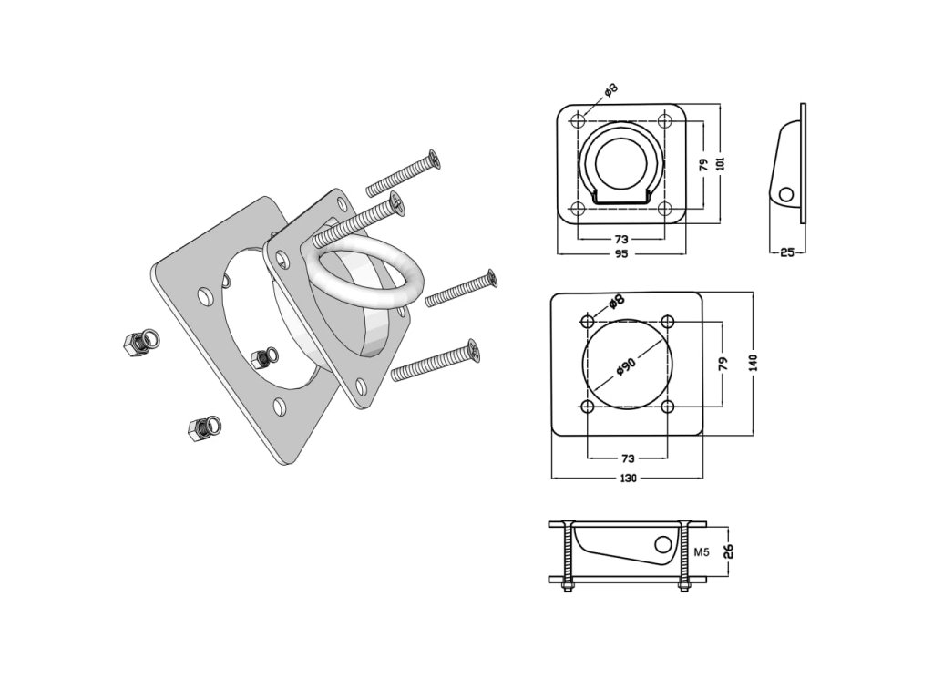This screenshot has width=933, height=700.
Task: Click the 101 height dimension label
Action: coord(722,163)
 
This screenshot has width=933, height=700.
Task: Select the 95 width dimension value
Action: coord(621,254)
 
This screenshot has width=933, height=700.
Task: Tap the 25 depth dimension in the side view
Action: coord(786,252)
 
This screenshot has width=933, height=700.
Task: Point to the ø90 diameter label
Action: coord(625,365)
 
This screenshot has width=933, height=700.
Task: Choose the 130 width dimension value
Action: coord(628,478)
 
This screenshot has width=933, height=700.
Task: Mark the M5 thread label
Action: coord(702,551)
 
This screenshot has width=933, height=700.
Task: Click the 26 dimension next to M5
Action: coord(727,551)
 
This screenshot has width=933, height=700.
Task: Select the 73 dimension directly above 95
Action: coord(621,238)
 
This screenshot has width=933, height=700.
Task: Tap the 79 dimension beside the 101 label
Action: coord(703,164)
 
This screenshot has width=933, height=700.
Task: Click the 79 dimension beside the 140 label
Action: coord(723,362)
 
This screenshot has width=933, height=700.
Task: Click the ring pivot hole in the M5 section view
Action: coord(666,546)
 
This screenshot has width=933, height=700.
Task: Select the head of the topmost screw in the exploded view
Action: coord(437,160)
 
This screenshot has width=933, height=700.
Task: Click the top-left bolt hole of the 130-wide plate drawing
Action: coord(589,321)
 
